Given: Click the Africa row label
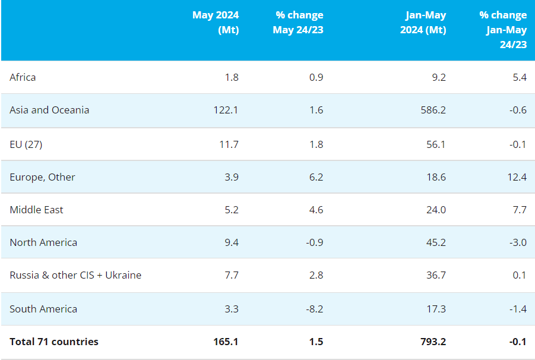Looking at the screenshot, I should pyautogui.click(x=23, y=77).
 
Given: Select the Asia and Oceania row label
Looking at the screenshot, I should pyautogui.click(x=49, y=110).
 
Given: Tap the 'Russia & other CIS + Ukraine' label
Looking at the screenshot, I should pyautogui.click(x=75, y=275).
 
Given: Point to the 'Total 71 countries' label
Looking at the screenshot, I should pyautogui.click(x=54, y=342).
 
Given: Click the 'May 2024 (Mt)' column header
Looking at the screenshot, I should pyautogui.click(x=215, y=23).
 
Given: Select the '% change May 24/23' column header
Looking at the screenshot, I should pyautogui.click(x=298, y=23).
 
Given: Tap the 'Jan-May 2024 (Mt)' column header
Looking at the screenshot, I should pyautogui.click(x=422, y=23).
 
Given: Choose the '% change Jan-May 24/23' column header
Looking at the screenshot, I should pyautogui.click(x=503, y=30).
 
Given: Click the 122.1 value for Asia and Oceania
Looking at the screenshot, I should pyautogui.click(x=226, y=110).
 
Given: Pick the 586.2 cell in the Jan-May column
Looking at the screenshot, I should pyautogui.click(x=433, y=110).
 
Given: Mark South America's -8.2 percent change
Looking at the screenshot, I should pyautogui.click(x=314, y=309).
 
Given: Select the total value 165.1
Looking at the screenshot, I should pyautogui.click(x=226, y=342).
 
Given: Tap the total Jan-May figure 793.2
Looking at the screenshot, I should pyautogui.click(x=433, y=342).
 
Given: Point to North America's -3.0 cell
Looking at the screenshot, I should pyautogui.click(x=517, y=242).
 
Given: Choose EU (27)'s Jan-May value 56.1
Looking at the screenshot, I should pyautogui.click(x=436, y=144).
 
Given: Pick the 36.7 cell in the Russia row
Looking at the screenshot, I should pyautogui.click(x=436, y=275).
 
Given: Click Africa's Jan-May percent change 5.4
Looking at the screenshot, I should pyautogui.click(x=520, y=77).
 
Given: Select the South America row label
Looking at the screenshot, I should pyautogui.click(x=43, y=309).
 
